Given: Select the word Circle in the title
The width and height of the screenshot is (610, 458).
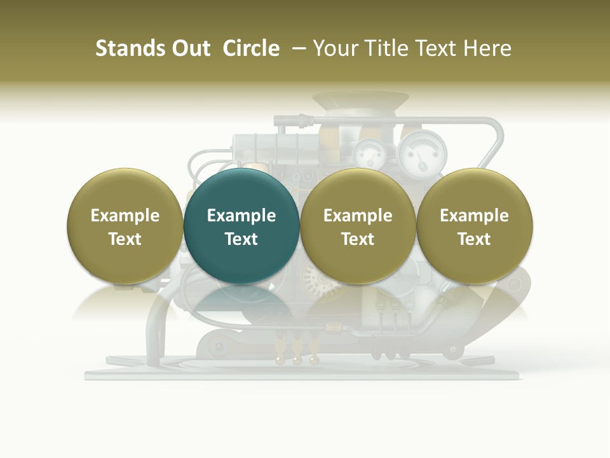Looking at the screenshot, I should (x=251, y=48).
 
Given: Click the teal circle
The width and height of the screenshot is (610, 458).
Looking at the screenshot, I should (x=241, y=226).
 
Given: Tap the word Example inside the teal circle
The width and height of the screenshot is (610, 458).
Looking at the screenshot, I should (x=241, y=216).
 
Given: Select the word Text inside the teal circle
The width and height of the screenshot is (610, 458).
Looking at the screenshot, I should (x=241, y=239).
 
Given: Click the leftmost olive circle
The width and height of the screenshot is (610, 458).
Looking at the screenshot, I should (x=125, y=226).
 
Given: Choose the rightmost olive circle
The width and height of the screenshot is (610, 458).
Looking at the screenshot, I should (x=475, y=226).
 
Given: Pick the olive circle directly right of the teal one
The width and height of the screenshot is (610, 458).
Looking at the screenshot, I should (x=358, y=226).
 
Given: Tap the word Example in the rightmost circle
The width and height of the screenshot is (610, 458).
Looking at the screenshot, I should (x=475, y=216).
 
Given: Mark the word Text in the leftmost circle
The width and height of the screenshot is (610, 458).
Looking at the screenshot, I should (x=125, y=239).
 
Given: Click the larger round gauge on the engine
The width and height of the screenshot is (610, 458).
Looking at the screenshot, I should (x=423, y=152).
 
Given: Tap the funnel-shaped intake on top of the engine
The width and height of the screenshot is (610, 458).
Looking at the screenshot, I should (x=360, y=102).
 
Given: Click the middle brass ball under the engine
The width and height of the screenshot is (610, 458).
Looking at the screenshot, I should (x=297, y=361).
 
